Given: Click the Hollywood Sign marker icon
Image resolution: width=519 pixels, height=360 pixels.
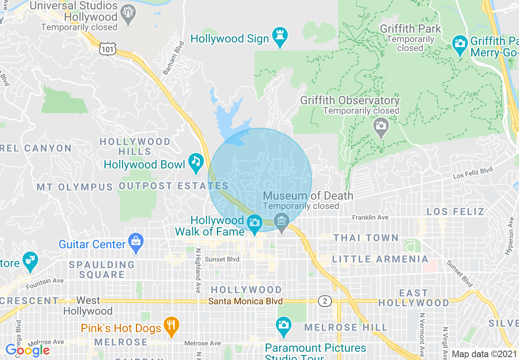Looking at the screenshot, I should tap(280, 37).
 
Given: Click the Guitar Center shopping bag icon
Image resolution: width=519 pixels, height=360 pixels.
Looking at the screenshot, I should tap(136, 242).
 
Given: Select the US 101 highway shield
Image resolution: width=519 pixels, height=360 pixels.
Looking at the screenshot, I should tap(107, 49).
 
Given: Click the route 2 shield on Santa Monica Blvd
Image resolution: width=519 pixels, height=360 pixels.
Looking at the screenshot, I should tap(325, 301).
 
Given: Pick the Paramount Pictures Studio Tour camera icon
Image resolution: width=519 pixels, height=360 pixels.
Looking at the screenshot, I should tap(283, 325).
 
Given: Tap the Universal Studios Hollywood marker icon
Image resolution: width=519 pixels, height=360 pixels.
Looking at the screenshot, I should tap(129, 14).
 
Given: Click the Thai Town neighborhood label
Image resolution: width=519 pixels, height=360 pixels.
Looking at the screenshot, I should tap(366, 238).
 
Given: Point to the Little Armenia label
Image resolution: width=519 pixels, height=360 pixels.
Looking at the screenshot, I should tap(380, 259).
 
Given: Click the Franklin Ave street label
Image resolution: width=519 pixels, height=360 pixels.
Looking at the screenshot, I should tap(370, 218).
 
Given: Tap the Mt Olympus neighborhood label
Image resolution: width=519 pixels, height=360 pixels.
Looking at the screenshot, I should tap(74, 187).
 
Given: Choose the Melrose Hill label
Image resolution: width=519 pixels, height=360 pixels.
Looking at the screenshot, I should tap(346, 327).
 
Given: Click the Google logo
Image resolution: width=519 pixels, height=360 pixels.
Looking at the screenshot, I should tap(27, 350).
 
